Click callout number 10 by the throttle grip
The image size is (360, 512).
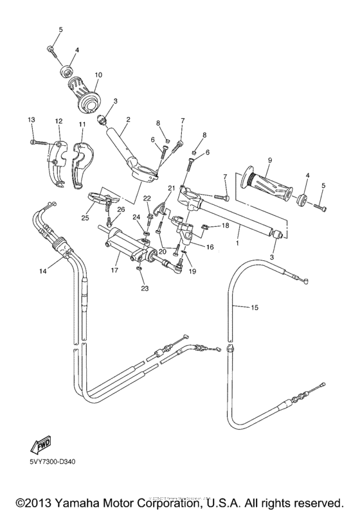click(x=98, y=75)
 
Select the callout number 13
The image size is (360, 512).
click(x=31, y=120)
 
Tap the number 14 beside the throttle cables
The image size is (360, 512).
click(x=42, y=272)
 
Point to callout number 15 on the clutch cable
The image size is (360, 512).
click(x=255, y=308)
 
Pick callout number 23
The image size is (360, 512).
click(x=145, y=288)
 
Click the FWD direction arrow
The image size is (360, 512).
click(x=40, y=445)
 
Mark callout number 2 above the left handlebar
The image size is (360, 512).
click(x=128, y=120)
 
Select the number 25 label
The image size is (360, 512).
click(x=85, y=218)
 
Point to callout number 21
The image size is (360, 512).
click(x=172, y=188)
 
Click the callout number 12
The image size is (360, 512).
click(x=59, y=121)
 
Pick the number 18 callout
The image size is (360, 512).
click(x=225, y=225)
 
